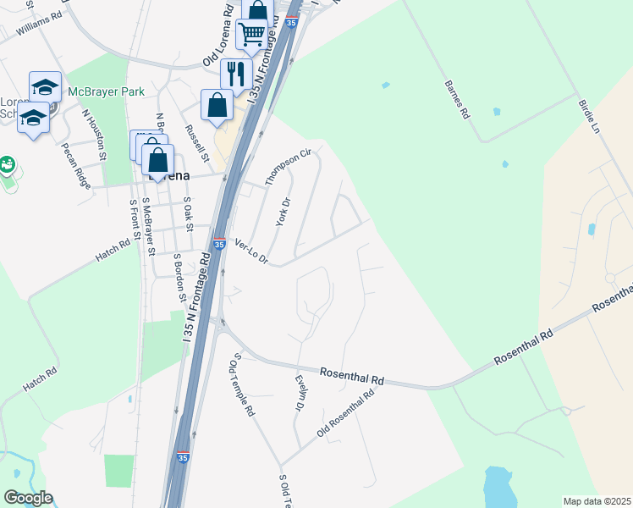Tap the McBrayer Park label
point(107,91)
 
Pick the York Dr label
point(283,212)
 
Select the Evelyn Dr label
point(299,395)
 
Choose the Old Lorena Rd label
point(217,36)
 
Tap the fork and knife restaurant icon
point(236,73)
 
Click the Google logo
point(28,498)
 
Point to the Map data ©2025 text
point(596,501)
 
